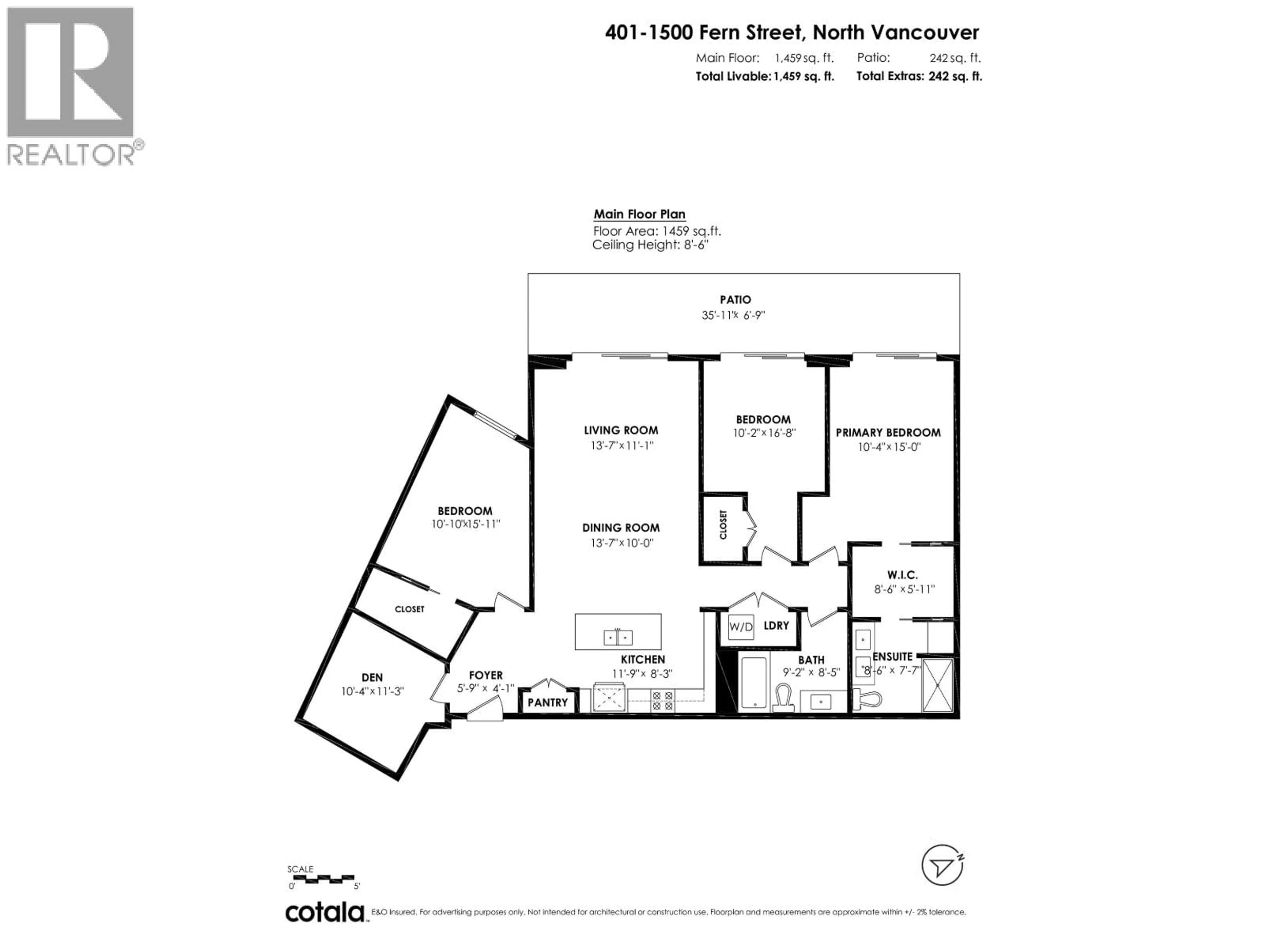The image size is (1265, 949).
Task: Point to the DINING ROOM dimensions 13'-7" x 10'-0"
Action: tap(622, 543)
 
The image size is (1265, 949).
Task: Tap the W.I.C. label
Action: tap(902, 575)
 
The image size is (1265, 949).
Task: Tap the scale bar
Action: tap(322, 878)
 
